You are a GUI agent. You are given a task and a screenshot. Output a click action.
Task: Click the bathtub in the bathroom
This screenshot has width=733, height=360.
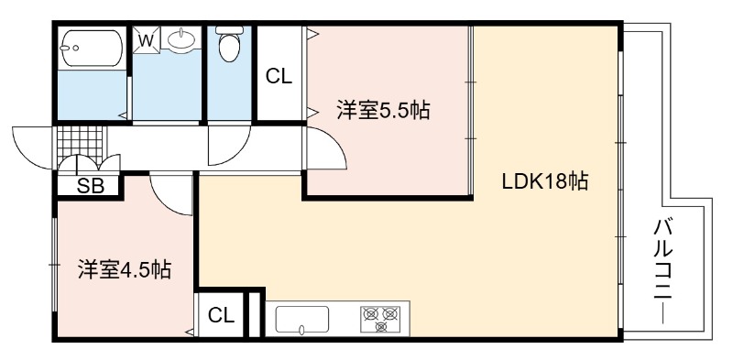coord(92,48)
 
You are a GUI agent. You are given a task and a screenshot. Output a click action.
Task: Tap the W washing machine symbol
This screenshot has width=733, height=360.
coord(147,40)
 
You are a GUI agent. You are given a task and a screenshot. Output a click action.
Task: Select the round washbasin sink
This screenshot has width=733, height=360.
coord(181,38)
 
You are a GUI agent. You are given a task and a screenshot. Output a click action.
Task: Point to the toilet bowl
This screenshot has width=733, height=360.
coord(230,44)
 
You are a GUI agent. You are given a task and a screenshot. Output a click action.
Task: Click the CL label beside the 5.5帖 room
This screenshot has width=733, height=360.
coord(279,76)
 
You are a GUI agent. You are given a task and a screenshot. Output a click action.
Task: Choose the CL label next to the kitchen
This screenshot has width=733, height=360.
coord(221,316)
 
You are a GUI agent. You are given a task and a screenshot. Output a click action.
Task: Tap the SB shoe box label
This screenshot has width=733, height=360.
coord(90,186)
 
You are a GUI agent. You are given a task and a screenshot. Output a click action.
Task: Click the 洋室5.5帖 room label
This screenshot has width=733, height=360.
coord(383,110)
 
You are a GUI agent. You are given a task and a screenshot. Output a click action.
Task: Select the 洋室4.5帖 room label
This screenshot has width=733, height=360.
coord(125,269)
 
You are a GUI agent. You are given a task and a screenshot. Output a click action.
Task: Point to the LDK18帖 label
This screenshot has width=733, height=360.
coord(544,181)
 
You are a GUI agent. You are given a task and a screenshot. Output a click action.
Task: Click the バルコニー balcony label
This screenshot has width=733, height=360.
coord(663,272)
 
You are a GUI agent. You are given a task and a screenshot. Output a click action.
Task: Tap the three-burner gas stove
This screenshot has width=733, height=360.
coord(380,319)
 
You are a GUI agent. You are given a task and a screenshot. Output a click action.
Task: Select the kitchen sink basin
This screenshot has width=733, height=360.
coord(302,320)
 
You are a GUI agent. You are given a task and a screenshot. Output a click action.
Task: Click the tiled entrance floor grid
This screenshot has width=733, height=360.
coord(80,143)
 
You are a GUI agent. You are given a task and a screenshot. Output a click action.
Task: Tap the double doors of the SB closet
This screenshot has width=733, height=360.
coord(89,162)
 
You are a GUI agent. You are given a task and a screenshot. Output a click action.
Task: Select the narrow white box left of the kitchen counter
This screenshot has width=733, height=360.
coord(255,314)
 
